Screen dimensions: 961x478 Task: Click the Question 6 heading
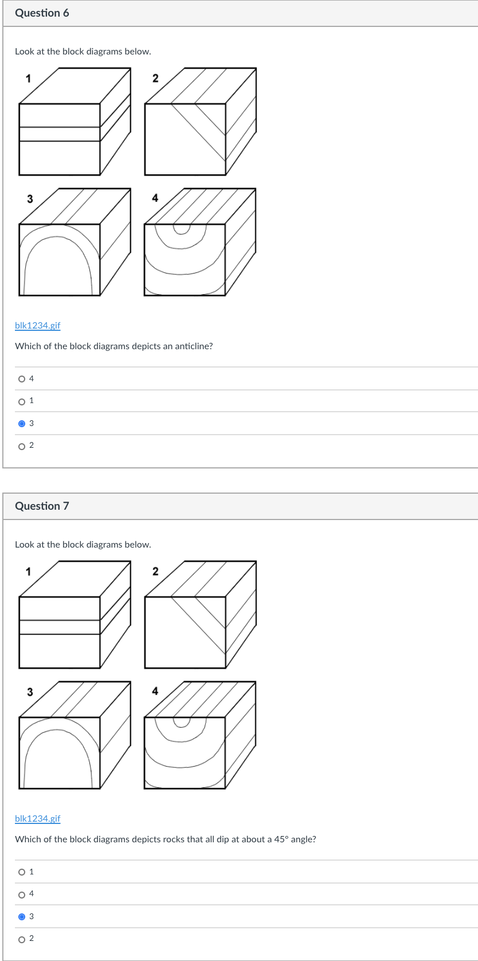click(42, 13)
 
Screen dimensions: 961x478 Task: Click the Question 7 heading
click(42, 506)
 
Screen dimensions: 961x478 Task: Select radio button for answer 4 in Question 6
click(22, 378)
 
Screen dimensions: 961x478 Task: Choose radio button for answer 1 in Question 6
click(22, 401)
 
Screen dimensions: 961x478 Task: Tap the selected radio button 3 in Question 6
click(22, 424)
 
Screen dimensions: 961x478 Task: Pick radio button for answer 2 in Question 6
click(22, 446)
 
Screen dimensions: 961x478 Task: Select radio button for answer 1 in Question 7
click(22, 872)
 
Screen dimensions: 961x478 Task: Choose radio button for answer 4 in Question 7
click(22, 894)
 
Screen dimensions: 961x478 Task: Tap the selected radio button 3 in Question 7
click(22, 916)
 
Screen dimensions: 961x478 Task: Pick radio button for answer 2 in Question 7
click(22, 939)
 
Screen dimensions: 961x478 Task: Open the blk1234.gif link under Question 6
click(37, 325)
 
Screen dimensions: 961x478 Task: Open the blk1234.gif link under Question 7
click(37, 818)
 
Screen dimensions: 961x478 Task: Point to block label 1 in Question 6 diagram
click(28, 78)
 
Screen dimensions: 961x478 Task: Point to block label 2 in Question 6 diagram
click(155, 78)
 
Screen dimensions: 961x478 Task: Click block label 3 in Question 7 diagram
click(30, 692)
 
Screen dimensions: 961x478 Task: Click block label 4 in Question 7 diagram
click(155, 691)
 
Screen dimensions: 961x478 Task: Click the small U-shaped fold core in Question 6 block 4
click(182, 229)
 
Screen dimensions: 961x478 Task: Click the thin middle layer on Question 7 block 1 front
click(60, 627)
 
